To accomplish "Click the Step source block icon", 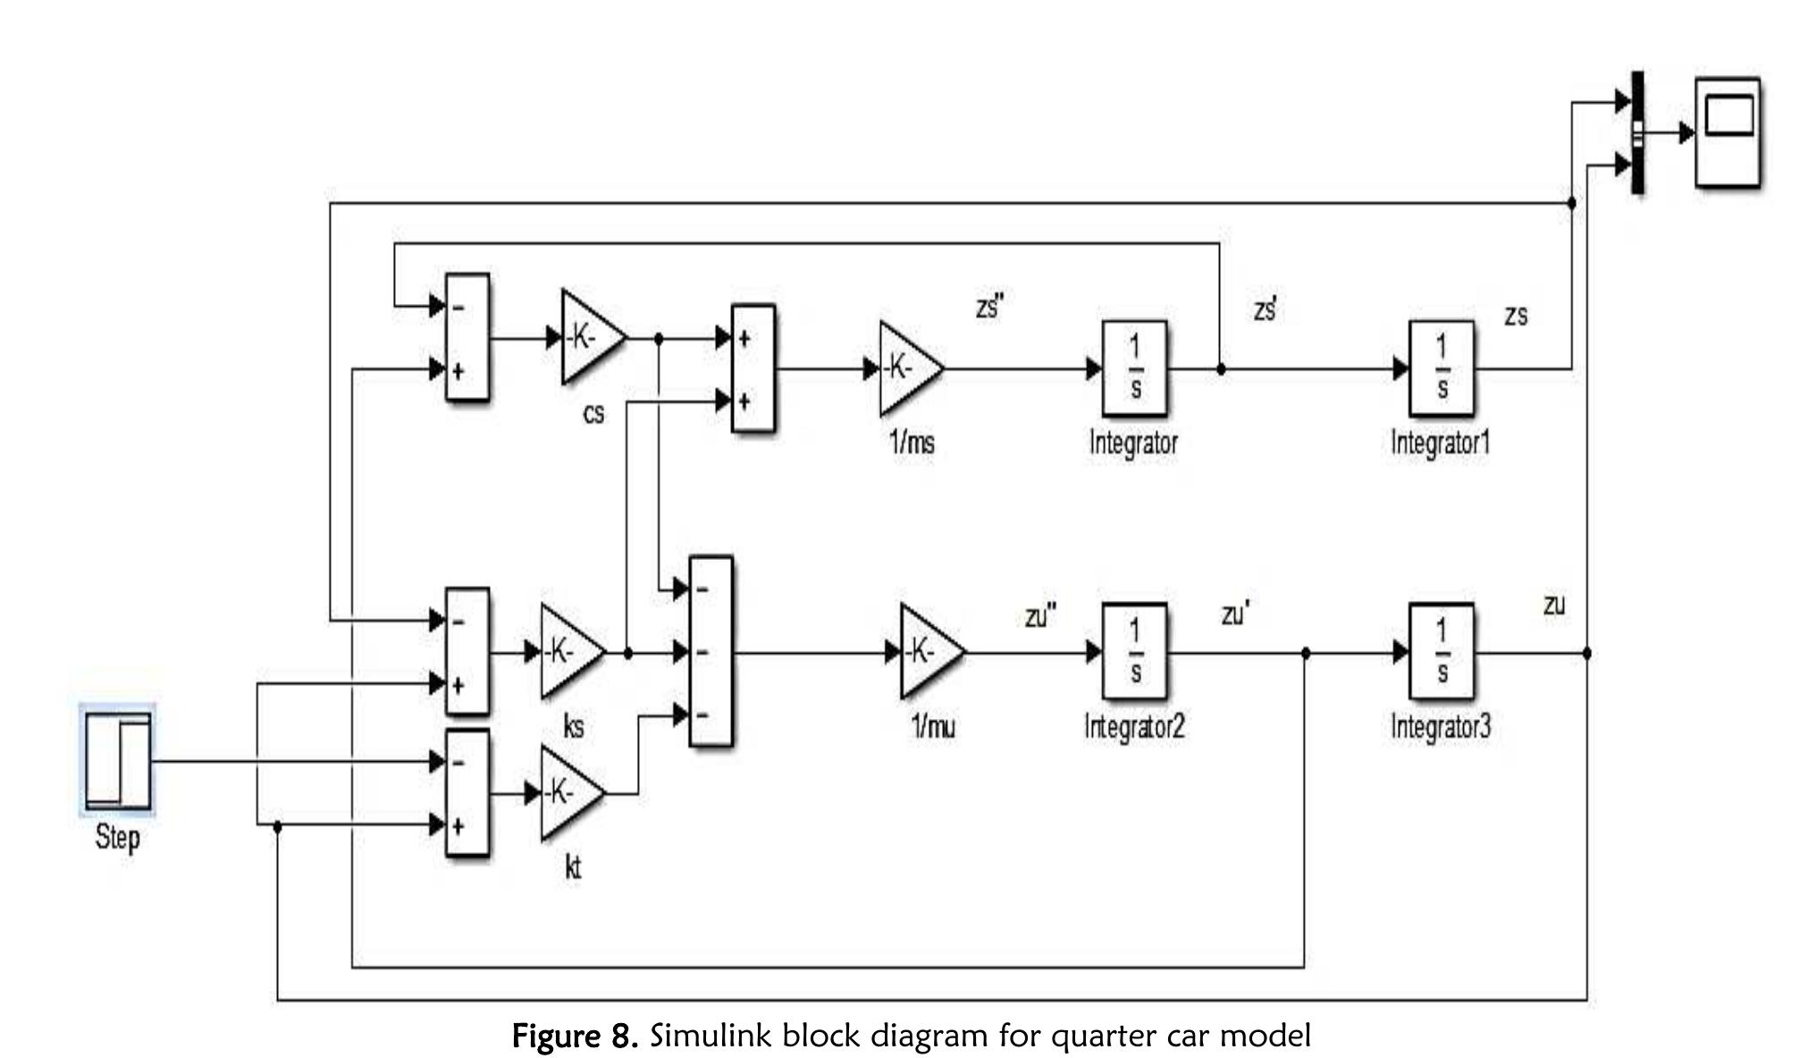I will (118, 761).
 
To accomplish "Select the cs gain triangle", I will (589, 338).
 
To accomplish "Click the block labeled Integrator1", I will (1442, 368).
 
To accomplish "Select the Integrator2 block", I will (1134, 652).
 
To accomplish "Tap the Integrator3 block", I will (1442, 652).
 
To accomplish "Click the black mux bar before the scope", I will (1637, 133).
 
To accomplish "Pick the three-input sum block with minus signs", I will (711, 652).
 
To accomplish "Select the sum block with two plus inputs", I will (753, 368).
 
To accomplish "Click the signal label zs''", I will (990, 308).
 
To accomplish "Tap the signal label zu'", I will (1235, 615).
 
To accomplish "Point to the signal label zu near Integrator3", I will (1554, 605).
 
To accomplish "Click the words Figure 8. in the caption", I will (575, 1037).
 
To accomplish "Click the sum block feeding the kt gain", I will (467, 793).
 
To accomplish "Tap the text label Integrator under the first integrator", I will (1133, 443).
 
